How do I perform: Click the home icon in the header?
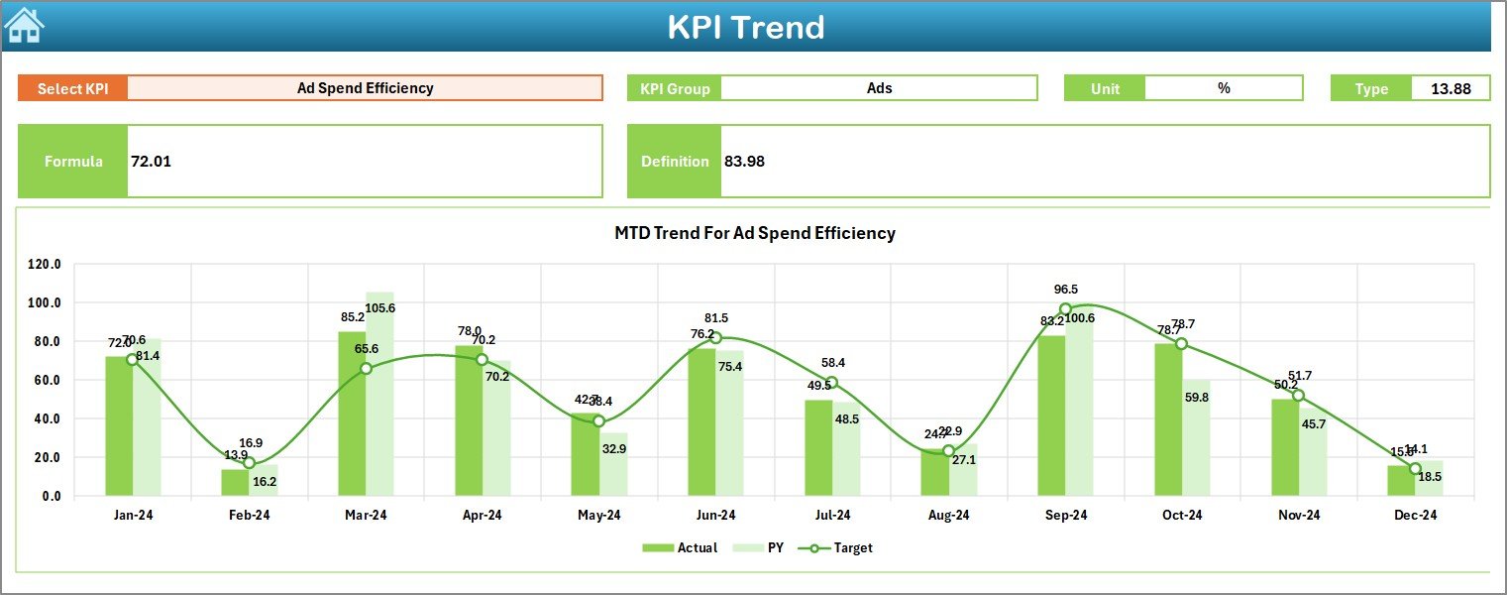[24, 26]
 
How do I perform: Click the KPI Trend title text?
[745, 27]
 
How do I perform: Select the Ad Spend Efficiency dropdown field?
[365, 88]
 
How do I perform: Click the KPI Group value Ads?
[879, 88]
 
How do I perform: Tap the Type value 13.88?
[1450, 88]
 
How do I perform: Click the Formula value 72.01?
[151, 161]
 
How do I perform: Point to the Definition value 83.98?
[744, 161]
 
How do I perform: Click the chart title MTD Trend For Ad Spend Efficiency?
[754, 233]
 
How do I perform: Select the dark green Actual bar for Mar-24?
[352, 414]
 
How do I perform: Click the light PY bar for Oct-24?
[1195, 437]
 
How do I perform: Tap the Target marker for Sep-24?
[1065, 309]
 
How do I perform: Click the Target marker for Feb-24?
[249, 463]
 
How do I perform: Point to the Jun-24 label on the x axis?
[715, 516]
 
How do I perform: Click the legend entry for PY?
[766, 547]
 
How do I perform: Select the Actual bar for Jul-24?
[818, 447]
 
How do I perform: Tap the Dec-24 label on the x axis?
[1415, 516]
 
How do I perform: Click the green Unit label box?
[1105, 88]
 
